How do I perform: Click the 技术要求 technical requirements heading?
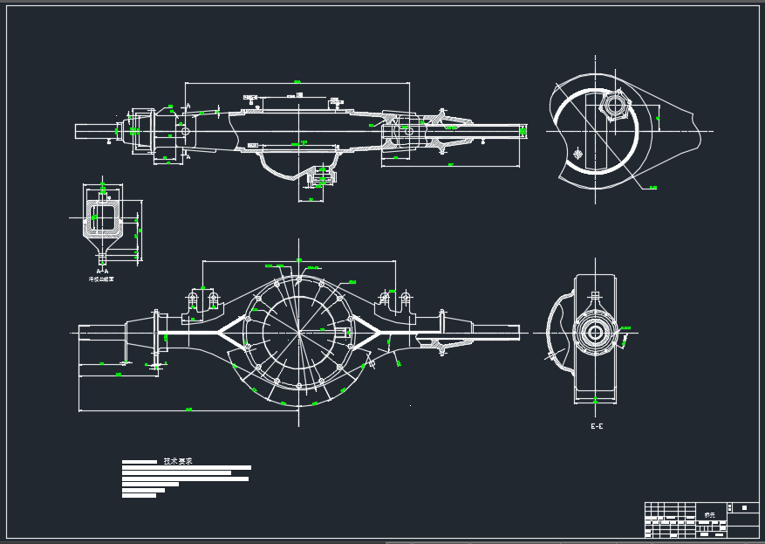point(177,461)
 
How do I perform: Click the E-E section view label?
point(597,426)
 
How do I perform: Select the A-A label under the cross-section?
point(103,272)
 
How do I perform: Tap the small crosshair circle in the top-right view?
point(577,154)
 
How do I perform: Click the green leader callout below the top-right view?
point(653,187)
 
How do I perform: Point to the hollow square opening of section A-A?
point(104,216)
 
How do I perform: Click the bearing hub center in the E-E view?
point(595,332)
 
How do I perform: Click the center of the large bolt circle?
point(298,332)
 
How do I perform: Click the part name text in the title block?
point(708,515)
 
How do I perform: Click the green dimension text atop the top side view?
point(297,82)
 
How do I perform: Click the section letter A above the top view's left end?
point(188,106)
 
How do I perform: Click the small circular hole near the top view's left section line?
point(184,131)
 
